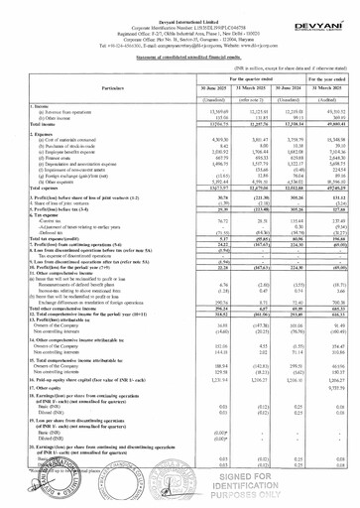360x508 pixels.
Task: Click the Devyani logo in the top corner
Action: click(324, 17)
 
